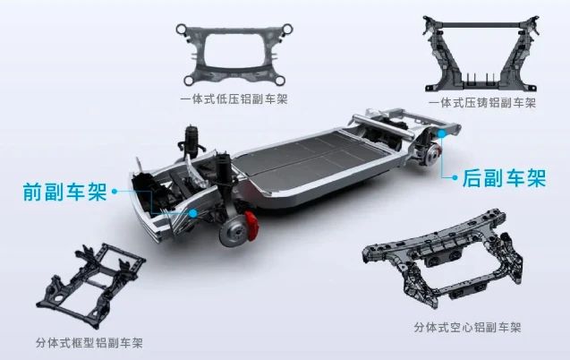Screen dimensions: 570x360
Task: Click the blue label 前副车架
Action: (65, 192)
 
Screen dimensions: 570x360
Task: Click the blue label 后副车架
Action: (504, 178)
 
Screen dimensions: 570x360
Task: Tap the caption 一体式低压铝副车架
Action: (234, 99)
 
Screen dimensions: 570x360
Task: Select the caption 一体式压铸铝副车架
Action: (482, 103)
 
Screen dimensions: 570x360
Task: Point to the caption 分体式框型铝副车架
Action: (89, 343)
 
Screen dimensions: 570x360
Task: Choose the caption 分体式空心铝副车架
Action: (467, 327)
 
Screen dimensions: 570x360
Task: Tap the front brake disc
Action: (234, 232)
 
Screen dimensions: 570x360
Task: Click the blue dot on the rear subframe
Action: (441, 133)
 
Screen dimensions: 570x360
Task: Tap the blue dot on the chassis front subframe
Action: (193, 213)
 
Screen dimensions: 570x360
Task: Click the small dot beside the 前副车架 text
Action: (115, 191)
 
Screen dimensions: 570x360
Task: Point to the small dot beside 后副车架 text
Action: (455, 178)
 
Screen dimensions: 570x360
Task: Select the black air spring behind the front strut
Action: (192, 140)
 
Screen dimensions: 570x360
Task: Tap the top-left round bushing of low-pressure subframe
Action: (181, 29)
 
